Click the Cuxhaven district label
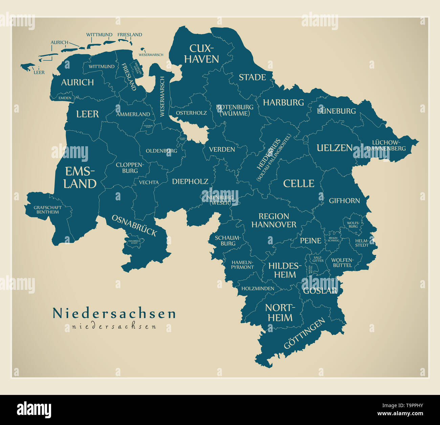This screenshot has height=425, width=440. tap(201, 54)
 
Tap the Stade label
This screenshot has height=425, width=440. tap(252, 77)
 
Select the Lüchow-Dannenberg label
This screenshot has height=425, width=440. tap(386, 145)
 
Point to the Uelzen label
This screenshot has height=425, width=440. tap(334, 148)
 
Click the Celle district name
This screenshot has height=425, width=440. tap(299, 183)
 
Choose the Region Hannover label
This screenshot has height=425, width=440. tap(274, 220)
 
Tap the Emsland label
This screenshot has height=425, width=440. tap(80, 177)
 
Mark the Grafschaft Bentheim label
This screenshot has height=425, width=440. tap(48, 210)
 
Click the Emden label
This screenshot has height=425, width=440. tap(65, 98)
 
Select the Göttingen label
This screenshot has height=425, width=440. tap(304, 333)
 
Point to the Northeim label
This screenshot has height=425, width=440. tap(279, 312)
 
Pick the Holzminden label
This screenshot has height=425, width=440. tap(258, 289)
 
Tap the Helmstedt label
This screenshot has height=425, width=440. tap(361, 243)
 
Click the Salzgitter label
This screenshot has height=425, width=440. tap(318, 259)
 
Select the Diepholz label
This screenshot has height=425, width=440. tap(190, 181)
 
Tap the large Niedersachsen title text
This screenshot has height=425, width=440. tap(114, 313)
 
